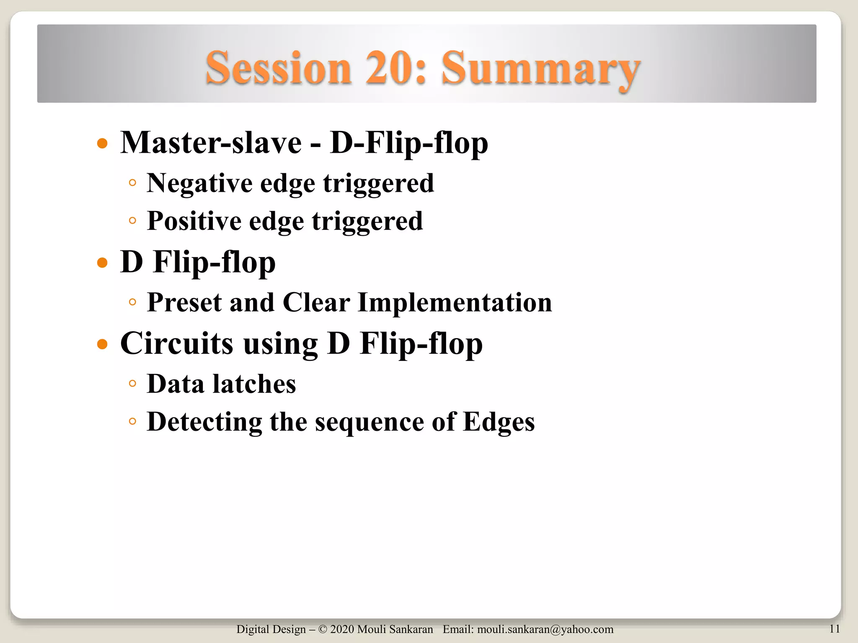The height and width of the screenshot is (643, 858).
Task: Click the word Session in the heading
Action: [278, 68]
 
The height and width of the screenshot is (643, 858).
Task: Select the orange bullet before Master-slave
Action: [102, 144]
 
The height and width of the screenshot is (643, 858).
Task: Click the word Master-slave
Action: [211, 143]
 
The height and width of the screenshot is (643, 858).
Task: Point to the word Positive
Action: [194, 221]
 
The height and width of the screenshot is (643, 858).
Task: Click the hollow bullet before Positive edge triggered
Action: [132, 221]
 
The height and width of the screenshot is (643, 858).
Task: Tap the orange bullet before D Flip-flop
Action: [102, 263]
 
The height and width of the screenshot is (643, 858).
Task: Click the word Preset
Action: [183, 302]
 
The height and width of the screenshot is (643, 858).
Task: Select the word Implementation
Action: [455, 302]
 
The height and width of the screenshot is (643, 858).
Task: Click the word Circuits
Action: [176, 343]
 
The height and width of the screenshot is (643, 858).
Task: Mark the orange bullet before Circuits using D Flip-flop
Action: [102, 345]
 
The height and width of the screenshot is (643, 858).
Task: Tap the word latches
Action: [254, 384]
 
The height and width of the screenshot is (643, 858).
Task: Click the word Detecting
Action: [204, 422]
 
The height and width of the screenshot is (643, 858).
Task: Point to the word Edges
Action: [499, 422]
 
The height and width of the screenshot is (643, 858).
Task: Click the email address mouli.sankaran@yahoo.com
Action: [545, 629]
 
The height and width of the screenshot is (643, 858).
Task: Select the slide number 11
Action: [835, 629]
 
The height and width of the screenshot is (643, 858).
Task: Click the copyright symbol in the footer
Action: [323, 629]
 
